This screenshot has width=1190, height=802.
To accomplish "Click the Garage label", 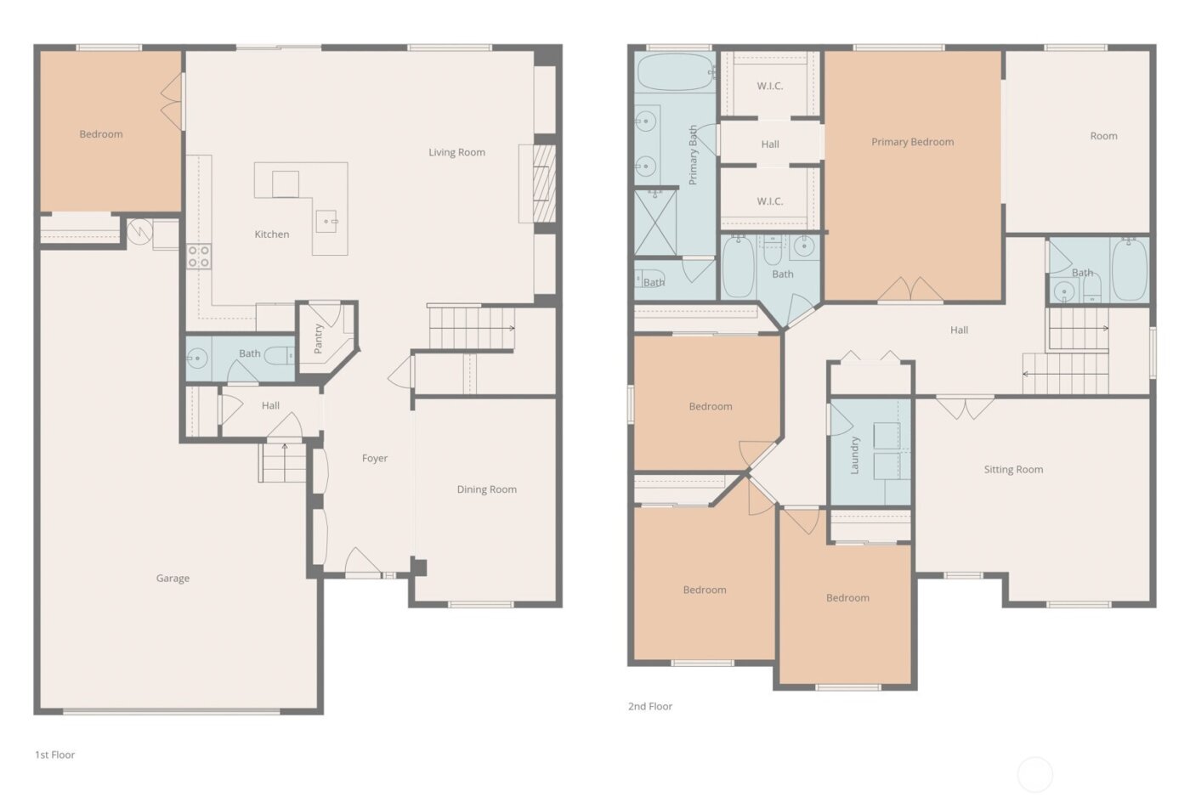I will point(173,579).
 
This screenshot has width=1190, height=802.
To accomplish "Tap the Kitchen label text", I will point(272,234).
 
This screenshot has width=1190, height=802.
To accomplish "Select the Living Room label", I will point(456,153).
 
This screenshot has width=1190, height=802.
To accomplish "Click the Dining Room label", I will point(486,489).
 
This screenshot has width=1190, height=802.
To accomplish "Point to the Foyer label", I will point(375,459).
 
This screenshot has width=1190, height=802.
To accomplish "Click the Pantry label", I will point(319,338).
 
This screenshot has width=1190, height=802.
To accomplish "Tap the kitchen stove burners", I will point(199,257).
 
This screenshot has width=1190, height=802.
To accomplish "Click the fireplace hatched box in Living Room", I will point(544,184).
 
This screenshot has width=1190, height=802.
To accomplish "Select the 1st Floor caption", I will point(54,754).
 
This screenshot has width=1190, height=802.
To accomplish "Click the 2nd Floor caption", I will point(650,706).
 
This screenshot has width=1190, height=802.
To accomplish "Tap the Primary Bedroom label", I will point(912,143).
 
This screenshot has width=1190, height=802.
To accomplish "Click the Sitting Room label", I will point(1013,470).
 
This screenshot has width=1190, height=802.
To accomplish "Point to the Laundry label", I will point(855,455).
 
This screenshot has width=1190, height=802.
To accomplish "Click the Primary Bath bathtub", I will point(675,73).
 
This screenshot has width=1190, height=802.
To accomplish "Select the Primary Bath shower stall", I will point(656,223).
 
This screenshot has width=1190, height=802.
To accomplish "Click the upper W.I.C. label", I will point(770,87).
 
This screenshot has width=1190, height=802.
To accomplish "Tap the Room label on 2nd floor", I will point(1103,136).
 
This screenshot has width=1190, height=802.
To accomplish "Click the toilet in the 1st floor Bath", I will point(279,356).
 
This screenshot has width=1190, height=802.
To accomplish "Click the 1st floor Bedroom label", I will point(101,134).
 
